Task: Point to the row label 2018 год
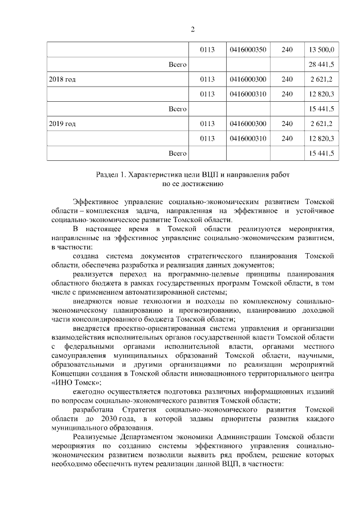tap(62, 80)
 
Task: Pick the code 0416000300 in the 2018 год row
tap(247, 80)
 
